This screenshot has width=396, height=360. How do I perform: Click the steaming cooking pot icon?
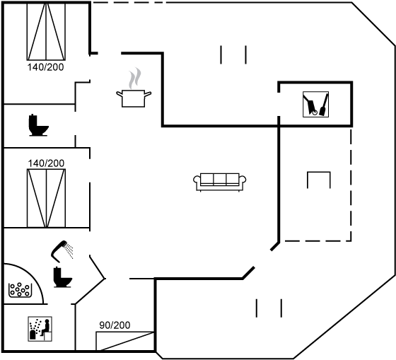point(134,98)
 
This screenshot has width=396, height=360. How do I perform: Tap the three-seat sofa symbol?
point(220,182)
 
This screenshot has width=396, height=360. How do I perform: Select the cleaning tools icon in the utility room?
point(315,105)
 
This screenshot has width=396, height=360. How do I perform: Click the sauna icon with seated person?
point(40,329)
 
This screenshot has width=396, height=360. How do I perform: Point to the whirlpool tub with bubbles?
point(21,290)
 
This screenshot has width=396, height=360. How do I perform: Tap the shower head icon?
point(62,251)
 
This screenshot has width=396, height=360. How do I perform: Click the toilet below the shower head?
point(63,277)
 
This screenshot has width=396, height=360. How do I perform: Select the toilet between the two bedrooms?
point(38,125)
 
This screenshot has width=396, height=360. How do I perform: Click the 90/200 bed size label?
point(115,325)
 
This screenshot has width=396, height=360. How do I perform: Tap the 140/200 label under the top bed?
point(45,67)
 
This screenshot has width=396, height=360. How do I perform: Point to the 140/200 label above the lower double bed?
point(46,163)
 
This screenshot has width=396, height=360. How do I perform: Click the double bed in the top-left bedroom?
point(46,32)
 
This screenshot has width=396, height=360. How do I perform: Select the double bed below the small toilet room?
point(46,198)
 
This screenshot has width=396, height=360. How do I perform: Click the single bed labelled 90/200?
point(124,341)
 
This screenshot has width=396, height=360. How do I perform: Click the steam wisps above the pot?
point(134,78)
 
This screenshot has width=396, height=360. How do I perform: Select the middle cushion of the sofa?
point(220,179)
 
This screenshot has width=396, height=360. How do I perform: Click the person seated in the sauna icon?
point(46,327)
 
